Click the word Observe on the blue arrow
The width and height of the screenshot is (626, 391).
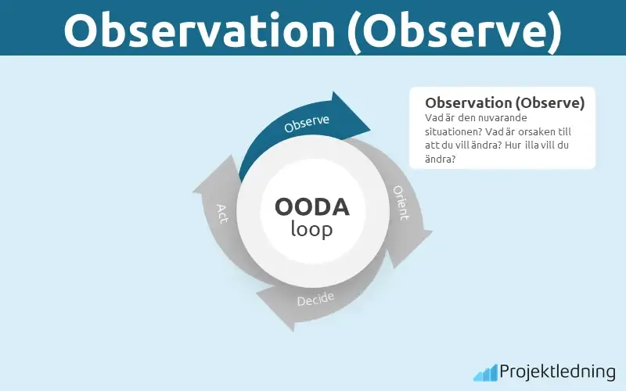307,124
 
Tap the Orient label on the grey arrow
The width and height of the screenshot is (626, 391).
401,203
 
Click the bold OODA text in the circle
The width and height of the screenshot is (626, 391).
311,207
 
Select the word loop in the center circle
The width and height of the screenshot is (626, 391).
311,229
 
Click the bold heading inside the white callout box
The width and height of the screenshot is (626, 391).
504,102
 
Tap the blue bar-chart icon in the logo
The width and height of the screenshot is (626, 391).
484,371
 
